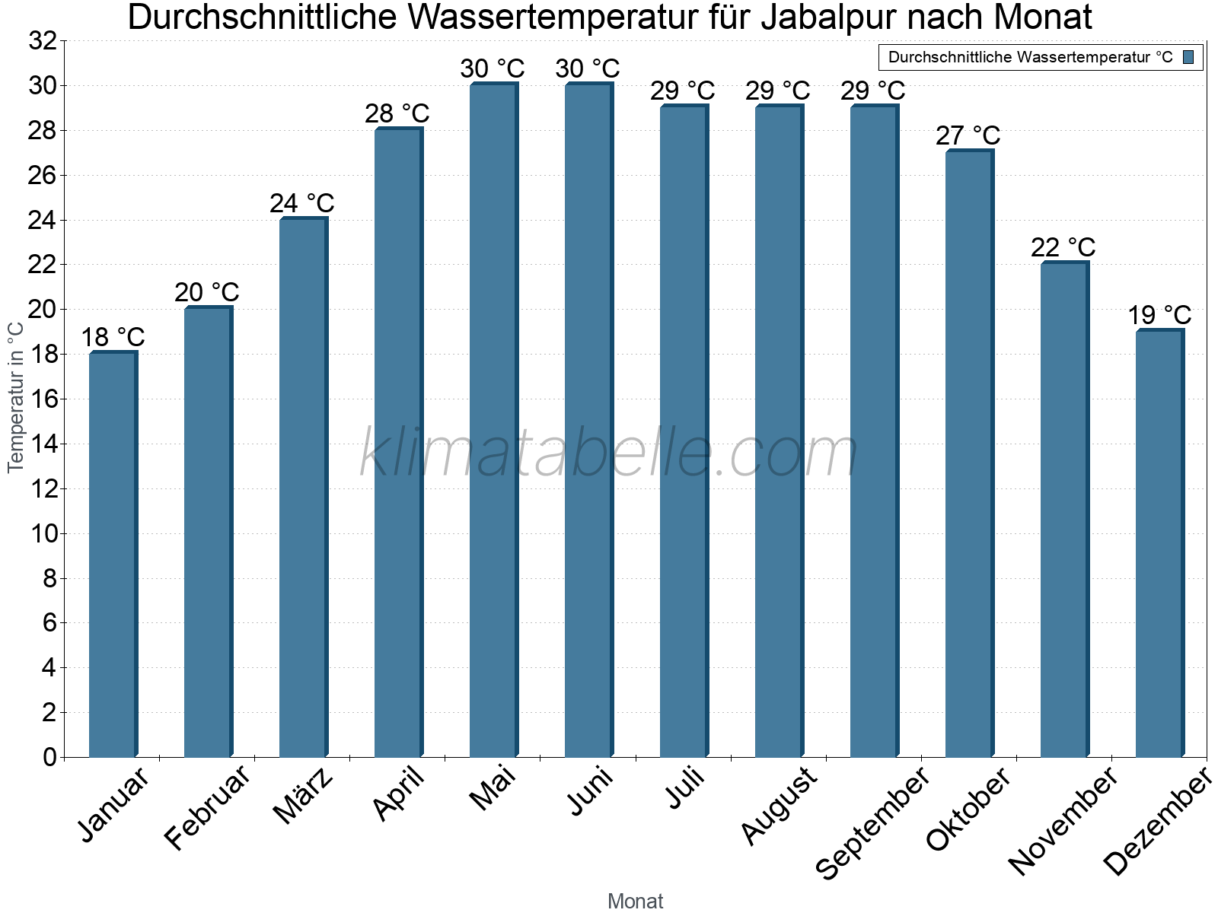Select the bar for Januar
[x=113, y=555]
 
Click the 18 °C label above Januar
[x=113, y=337]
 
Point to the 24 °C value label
[x=302, y=203]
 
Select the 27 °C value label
[x=968, y=135]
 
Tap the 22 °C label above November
[x=1063, y=247]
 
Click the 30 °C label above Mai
[x=493, y=68]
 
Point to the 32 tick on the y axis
[x=43, y=41]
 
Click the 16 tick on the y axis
[x=43, y=399]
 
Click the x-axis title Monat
[x=636, y=902]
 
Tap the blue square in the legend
[x=1188, y=57]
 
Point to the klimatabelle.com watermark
[x=609, y=453]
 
